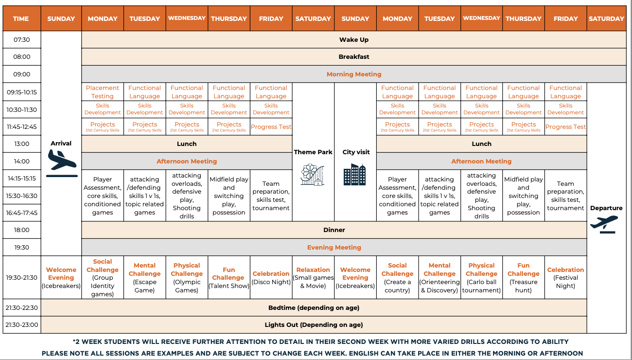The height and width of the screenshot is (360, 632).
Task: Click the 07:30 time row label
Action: point(21,40)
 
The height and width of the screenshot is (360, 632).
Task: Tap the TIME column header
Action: point(21,18)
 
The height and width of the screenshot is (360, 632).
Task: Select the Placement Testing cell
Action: point(103,92)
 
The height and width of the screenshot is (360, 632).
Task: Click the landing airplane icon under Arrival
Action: point(62,163)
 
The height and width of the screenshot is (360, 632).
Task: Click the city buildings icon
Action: point(354,175)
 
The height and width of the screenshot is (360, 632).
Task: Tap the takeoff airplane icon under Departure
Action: point(605,224)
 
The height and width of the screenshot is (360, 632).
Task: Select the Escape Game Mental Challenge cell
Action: point(144,278)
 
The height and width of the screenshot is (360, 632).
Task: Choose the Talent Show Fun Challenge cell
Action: point(228,278)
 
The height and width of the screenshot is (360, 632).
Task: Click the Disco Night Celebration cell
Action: point(271,278)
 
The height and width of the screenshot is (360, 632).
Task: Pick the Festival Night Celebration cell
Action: point(565,278)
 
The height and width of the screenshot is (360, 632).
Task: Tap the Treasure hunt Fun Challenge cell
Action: point(523,278)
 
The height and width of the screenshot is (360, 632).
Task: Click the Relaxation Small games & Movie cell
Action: point(313,278)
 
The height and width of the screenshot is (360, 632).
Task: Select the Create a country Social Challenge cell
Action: point(397,278)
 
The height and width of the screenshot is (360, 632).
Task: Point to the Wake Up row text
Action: point(354,40)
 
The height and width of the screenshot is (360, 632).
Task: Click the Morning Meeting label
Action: point(354,74)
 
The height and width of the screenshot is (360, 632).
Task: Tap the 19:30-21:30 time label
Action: point(21,278)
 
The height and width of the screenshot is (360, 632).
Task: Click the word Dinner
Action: point(334,230)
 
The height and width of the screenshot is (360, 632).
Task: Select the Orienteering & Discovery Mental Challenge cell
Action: point(439,278)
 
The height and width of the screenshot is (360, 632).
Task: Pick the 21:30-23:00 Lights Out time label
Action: point(21,325)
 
